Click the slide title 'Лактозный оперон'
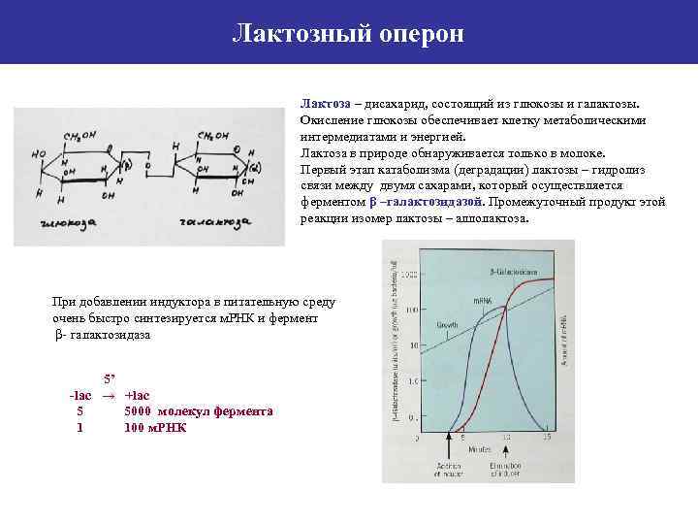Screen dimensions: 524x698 tap(349, 34)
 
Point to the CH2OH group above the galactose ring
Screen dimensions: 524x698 tap(215, 136)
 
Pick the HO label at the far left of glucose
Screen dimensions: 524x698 tap(39, 154)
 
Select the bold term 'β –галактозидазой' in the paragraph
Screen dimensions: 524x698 tap(426, 202)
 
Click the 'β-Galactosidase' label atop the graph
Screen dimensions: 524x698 tap(511, 272)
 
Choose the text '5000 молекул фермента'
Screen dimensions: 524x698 tap(199, 411)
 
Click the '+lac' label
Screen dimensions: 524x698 tap(138, 395)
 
